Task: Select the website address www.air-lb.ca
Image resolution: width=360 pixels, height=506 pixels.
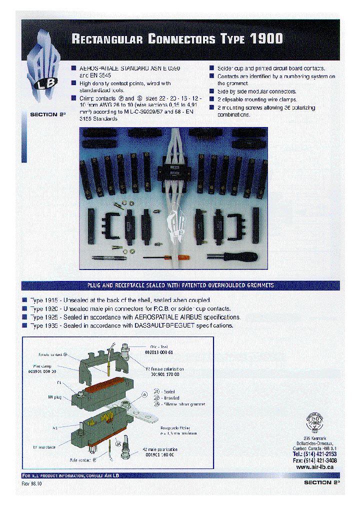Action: [315, 466]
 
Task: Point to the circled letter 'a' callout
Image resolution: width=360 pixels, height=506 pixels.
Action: [145, 394]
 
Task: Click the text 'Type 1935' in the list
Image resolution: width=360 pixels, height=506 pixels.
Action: [43, 325]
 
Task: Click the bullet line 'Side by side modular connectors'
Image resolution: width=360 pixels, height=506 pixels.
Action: [256, 91]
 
